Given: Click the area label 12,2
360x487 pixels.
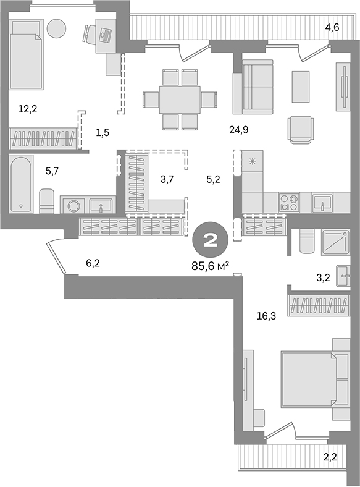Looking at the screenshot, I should [x=27, y=110].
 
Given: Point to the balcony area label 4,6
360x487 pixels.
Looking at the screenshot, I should [x=333, y=27].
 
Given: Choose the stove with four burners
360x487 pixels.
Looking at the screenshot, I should [x=288, y=201].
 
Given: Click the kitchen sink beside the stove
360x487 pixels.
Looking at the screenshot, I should [x=322, y=201].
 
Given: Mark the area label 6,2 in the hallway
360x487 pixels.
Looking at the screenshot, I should [x=93, y=263].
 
